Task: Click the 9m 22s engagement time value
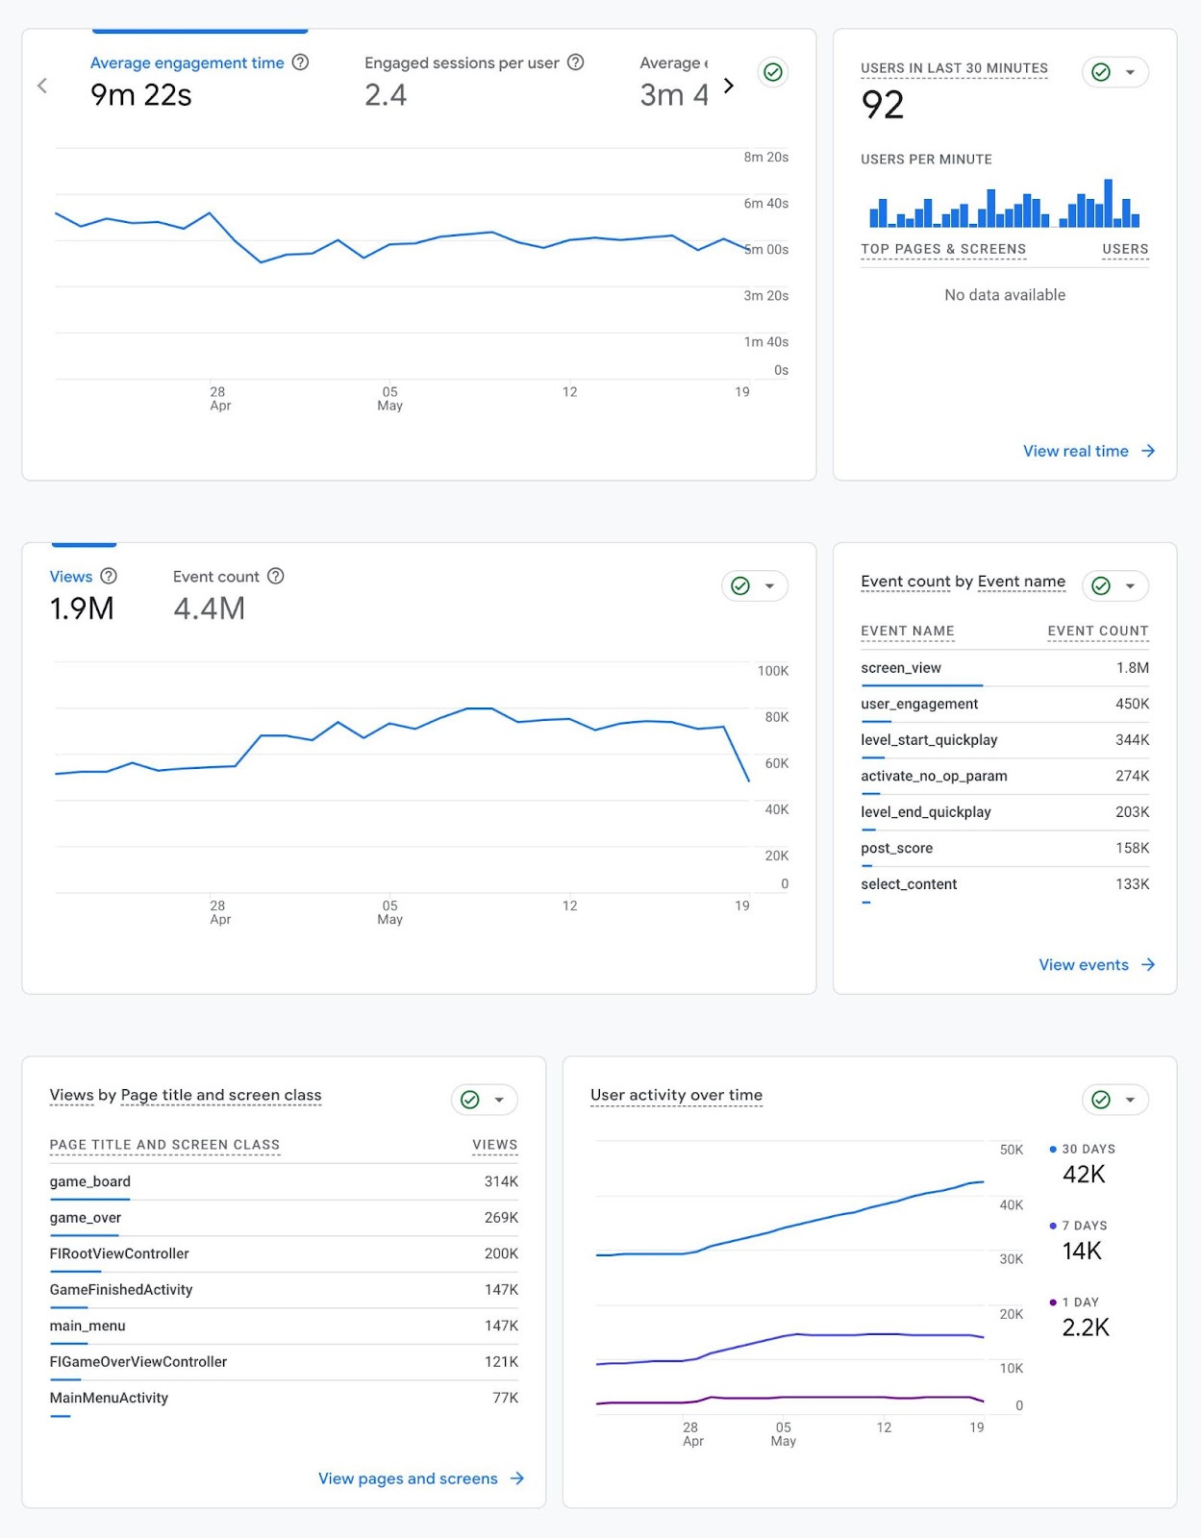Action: tap(140, 95)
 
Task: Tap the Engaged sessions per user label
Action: tap(462, 62)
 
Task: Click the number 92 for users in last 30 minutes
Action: tap(883, 105)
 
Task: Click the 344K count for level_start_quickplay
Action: tap(1132, 740)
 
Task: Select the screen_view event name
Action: tap(901, 668)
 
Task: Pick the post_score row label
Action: tap(896, 848)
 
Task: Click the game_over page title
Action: tap(86, 1218)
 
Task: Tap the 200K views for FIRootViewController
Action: tap(501, 1253)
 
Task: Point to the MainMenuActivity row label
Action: tap(109, 1398)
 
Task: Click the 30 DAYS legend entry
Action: tap(1088, 1149)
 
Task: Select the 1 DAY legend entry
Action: tap(1079, 1302)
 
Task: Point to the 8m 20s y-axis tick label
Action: tap(765, 157)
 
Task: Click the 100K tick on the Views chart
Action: tap(772, 671)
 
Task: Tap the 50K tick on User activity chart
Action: tap(1012, 1150)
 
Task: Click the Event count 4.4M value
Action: tap(209, 608)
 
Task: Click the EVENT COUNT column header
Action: tap(1097, 632)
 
